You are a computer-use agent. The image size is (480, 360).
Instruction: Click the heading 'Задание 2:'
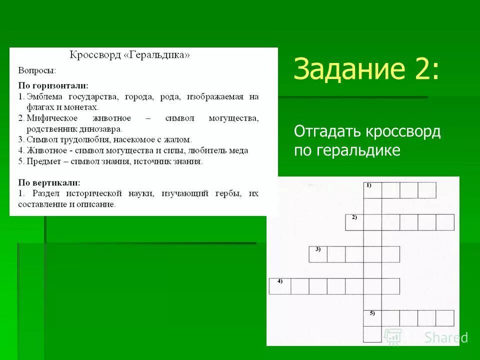367,68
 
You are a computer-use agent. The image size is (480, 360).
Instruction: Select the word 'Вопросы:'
37,70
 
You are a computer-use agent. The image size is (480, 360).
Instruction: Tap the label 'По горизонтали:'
53,86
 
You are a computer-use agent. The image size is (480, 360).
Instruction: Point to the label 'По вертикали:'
49,182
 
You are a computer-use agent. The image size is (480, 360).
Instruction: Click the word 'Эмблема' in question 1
44,96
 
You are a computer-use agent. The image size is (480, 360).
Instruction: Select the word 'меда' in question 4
238,150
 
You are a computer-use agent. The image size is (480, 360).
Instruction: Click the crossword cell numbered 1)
372,190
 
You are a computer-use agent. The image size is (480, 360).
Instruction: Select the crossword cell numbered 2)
354,222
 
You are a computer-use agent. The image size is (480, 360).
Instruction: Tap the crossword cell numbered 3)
318,254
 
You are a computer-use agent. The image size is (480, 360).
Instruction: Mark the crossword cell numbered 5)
372,318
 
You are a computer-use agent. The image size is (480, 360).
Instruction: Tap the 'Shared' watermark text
446,337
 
